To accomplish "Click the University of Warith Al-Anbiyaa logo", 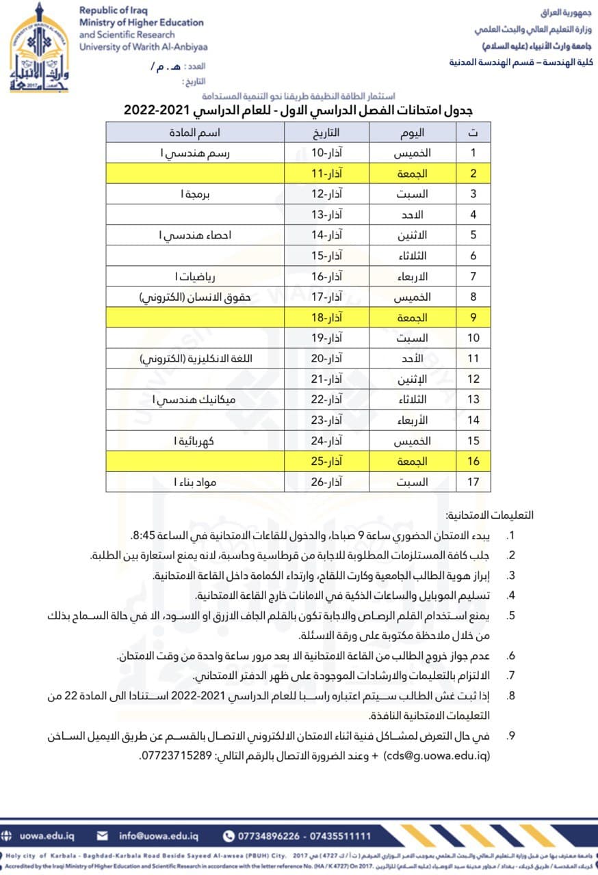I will [40, 48].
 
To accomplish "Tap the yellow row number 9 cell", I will [473, 318].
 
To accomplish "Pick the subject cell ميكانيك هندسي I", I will [194, 399].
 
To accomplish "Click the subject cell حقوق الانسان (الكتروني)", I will [195, 297].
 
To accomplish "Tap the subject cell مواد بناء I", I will [195, 482].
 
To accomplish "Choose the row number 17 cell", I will [473, 482].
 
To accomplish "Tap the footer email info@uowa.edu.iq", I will [159, 836].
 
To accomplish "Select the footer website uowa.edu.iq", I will [47, 836].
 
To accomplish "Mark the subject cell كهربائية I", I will [195, 441].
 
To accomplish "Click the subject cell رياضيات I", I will [195, 276].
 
